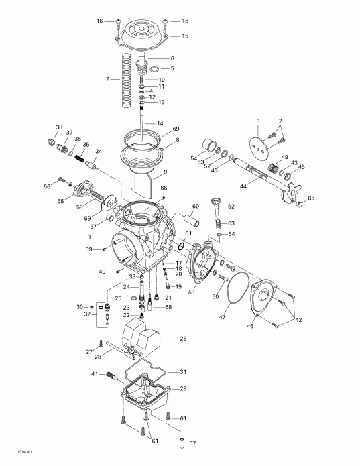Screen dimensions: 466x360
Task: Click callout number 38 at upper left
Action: point(59,127)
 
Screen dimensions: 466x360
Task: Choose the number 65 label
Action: point(311,198)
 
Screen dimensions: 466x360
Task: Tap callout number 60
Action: point(196,206)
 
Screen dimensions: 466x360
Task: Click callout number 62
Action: point(231,207)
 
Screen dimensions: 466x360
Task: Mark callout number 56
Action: point(46,186)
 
